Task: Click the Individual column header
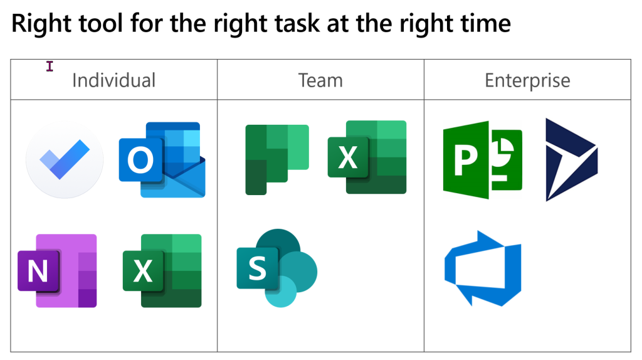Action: [113, 80]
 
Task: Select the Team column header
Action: [320, 80]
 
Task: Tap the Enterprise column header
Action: [527, 80]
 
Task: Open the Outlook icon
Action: [162, 160]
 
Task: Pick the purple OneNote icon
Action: [57, 270]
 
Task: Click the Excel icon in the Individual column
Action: [162, 270]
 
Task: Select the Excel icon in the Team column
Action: [367, 157]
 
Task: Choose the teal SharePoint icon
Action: [276, 268]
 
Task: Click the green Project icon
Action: [482, 159]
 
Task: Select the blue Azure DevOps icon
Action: [482, 268]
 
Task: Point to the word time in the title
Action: [483, 24]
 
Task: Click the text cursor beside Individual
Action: [50, 66]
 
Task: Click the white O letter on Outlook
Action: [140, 161]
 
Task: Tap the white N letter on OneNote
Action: [38, 271]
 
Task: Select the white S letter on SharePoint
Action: [257, 268]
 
